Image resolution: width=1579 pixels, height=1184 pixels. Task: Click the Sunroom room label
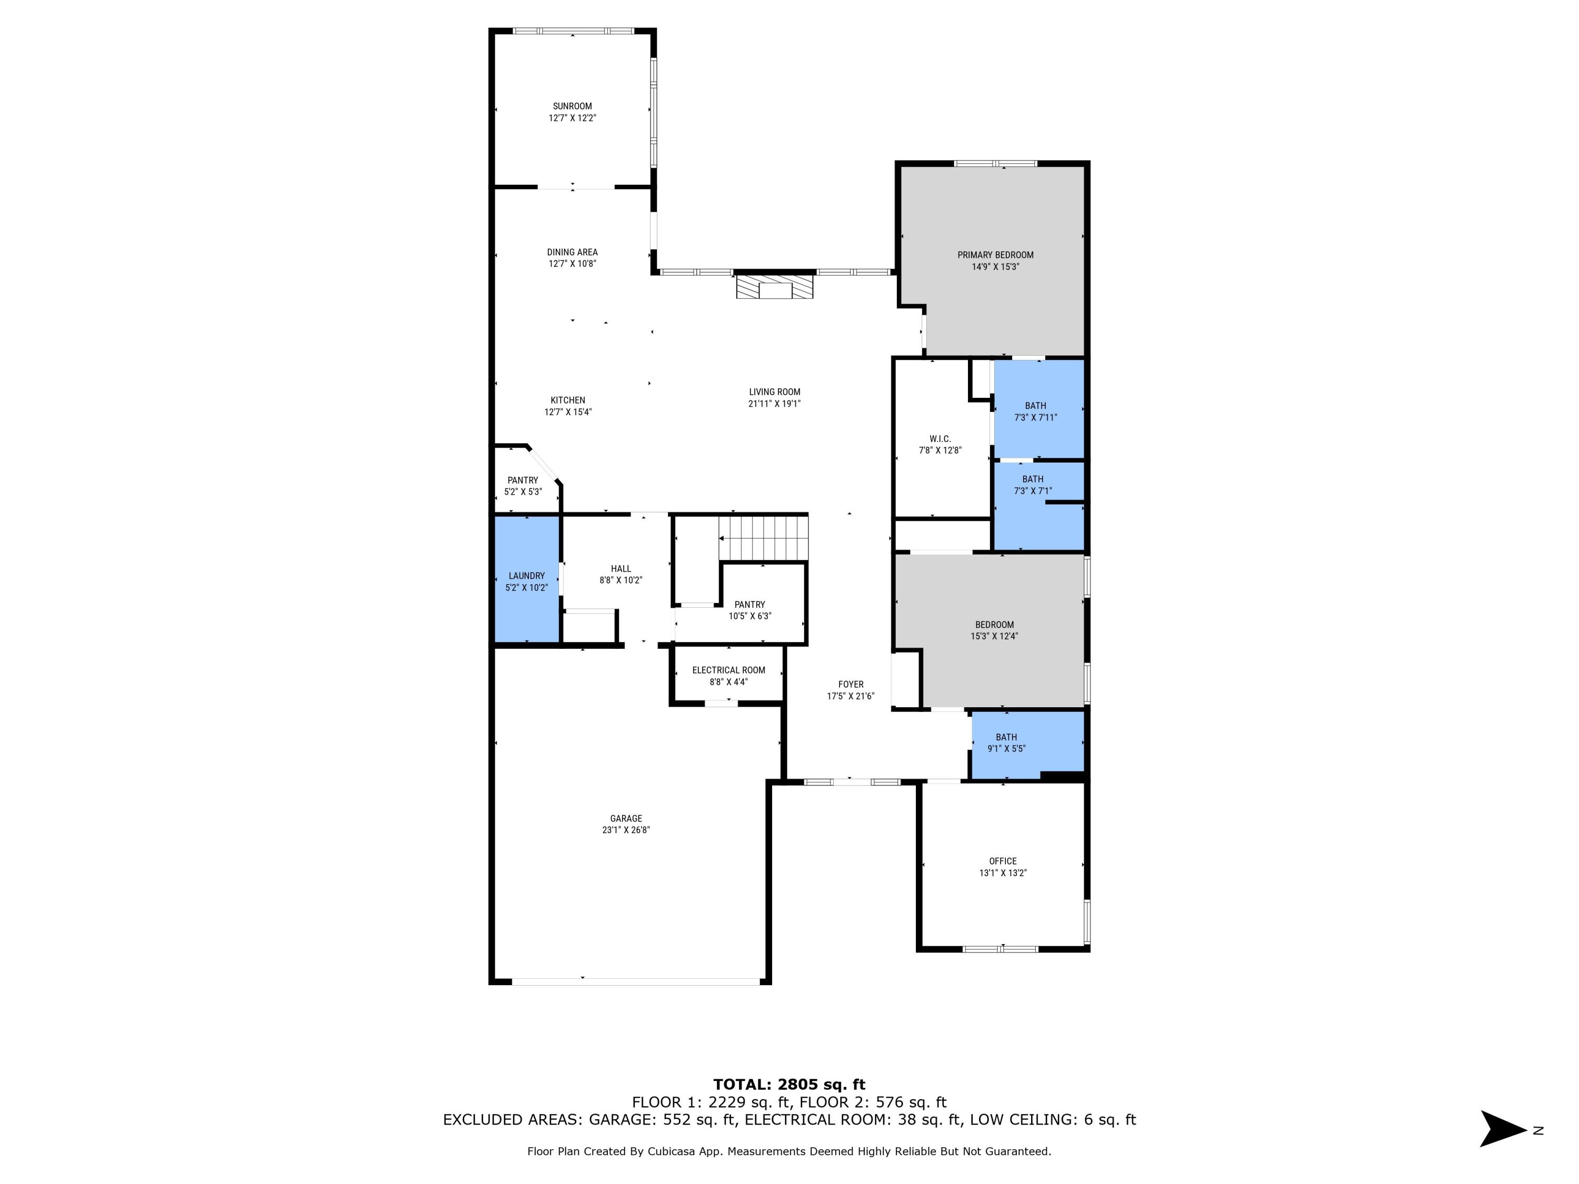572,106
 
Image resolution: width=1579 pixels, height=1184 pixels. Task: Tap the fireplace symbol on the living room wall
775,288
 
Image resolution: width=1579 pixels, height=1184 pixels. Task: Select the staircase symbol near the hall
763,539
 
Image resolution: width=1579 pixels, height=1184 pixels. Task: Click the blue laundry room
527,580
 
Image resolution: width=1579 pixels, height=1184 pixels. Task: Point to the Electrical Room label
728,670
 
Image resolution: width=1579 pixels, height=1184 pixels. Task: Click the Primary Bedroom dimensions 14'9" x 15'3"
995,267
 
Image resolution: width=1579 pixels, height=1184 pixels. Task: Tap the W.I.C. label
940,439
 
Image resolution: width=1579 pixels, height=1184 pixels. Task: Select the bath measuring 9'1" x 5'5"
1006,742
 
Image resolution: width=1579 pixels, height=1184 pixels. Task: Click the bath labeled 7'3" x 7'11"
1035,411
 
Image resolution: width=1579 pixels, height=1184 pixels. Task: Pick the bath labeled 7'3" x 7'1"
1032,485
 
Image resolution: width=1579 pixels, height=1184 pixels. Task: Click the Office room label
1002,861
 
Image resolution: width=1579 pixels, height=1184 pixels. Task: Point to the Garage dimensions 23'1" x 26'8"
625,830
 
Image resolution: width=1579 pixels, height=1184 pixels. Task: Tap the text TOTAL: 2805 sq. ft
789,1085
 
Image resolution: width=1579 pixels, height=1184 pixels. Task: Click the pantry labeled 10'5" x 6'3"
749,610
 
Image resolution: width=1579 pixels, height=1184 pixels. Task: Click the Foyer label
850,685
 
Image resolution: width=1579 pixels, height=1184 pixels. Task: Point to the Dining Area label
572,252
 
